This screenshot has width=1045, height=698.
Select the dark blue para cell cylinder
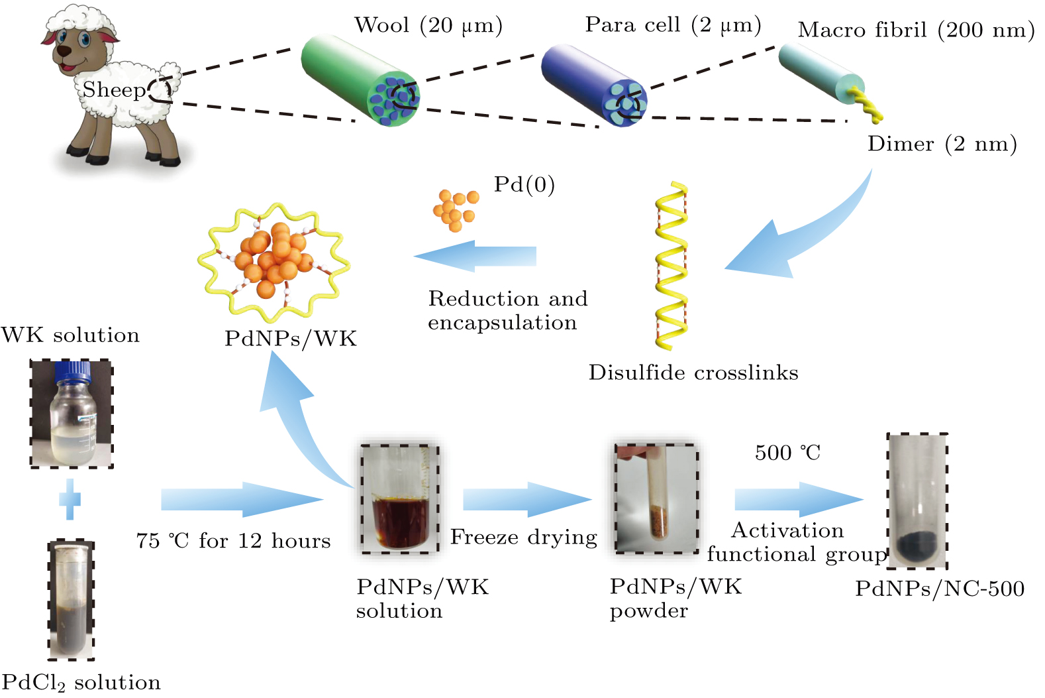click(x=589, y=83)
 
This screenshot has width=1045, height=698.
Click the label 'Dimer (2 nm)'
click(x=942, y=144)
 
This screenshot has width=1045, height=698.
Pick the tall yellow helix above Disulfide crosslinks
click(x=671, y=265)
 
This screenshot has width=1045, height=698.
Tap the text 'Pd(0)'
click(x=524, y=184)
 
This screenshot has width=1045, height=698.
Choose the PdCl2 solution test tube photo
click(x=71, y=600)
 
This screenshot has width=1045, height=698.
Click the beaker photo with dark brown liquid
click(x=399, y=498)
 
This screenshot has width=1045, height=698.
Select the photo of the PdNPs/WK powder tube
click(x=656, y=498)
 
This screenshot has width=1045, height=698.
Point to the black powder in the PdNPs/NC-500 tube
click(x=917, y=546)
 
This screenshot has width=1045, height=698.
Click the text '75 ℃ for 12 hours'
click(x=233, y=541)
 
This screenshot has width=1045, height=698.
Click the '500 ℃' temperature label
click(x=787, y=453)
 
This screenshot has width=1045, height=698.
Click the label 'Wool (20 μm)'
click(x=428, y=25)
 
